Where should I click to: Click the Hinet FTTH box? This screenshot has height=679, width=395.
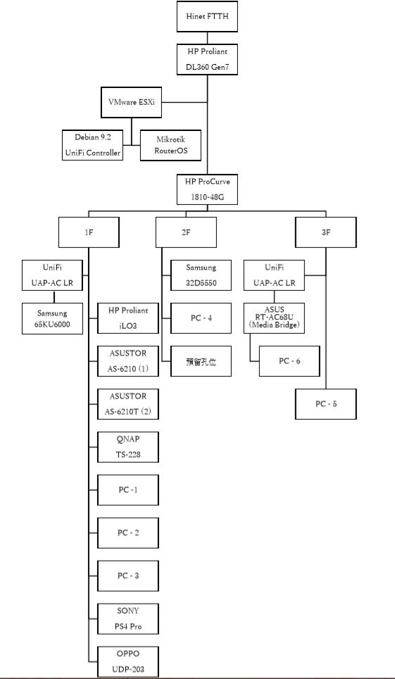[207, 16]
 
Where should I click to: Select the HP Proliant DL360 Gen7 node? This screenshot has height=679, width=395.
[207, 59]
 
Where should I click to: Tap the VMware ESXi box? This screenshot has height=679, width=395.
[131, 102]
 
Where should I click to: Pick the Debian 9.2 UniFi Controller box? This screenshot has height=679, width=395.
[92, 145]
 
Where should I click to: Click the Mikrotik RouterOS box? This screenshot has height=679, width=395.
[170, 145]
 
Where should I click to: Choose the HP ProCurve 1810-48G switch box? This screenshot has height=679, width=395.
[207, 189]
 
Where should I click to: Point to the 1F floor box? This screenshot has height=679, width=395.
[89, 232]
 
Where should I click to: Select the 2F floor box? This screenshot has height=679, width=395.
[186, 232]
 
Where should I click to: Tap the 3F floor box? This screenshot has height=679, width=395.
[326, 232]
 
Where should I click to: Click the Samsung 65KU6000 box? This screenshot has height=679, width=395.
[52, 318]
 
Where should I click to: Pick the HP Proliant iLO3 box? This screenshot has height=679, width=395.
[127, 318]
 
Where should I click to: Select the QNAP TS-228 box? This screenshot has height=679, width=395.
[127, 447]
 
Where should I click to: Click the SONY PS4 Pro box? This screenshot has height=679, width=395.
[127, 618]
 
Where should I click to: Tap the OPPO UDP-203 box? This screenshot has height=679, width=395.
[127, 661]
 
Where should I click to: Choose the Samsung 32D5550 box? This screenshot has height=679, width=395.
[201, 275]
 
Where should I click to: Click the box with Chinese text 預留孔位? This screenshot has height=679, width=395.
[201, 361]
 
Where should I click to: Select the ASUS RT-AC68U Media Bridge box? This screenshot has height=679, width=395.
[274, 318]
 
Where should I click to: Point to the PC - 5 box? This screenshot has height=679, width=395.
[326, 404]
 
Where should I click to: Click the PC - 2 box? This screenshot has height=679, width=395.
[127, 532]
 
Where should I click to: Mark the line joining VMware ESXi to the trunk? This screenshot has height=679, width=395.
[184, 103]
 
